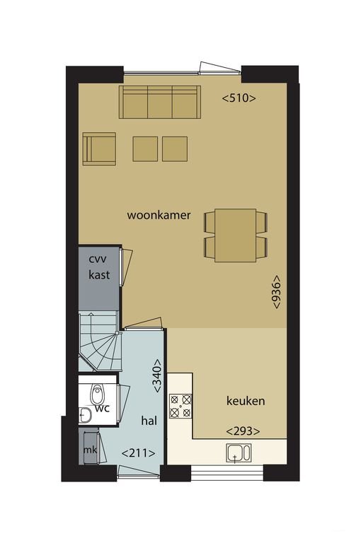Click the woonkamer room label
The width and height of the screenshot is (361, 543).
pyautogui.click(x=159, y=215)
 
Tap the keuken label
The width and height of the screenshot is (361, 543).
pyautogui.click(x=246, y=401)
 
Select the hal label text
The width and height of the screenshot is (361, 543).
pyautogui.click(x=149, y=421)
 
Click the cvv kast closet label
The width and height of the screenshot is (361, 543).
pyautogui.click(x=99, y=267)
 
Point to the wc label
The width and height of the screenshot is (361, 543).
pyautogui.click(x=103, y=408)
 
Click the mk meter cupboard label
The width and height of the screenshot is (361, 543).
pyautogui.click(x=90, y=450)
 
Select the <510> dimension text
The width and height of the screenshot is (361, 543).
pyautogui.click(x=239, y=98)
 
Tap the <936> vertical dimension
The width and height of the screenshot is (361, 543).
pyautogui.click(x=276, y=292)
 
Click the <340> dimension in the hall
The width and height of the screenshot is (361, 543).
pyautogui.click(x=157, y=375)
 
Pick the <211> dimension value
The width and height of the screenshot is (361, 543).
pyautogui.click(x=138, y=453)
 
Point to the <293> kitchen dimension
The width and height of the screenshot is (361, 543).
pyautogui.click(x=243, y=431)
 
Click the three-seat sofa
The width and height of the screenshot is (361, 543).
pyautogui.click(x=160, y=102)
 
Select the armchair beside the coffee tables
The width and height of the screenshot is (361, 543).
pyautogui.click(x=99, y=148)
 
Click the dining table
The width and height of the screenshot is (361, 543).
pyautogui.click(x=236, y=235)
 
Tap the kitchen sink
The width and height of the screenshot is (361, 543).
pyautogui.click(x=239, y=453)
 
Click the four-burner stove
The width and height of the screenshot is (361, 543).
pyautogui.click(x=180, y=406)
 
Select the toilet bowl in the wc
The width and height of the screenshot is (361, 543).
pyautogui.click(x=97, y=395)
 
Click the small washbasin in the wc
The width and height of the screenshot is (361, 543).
pyautogui.click(x=85, y=415)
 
